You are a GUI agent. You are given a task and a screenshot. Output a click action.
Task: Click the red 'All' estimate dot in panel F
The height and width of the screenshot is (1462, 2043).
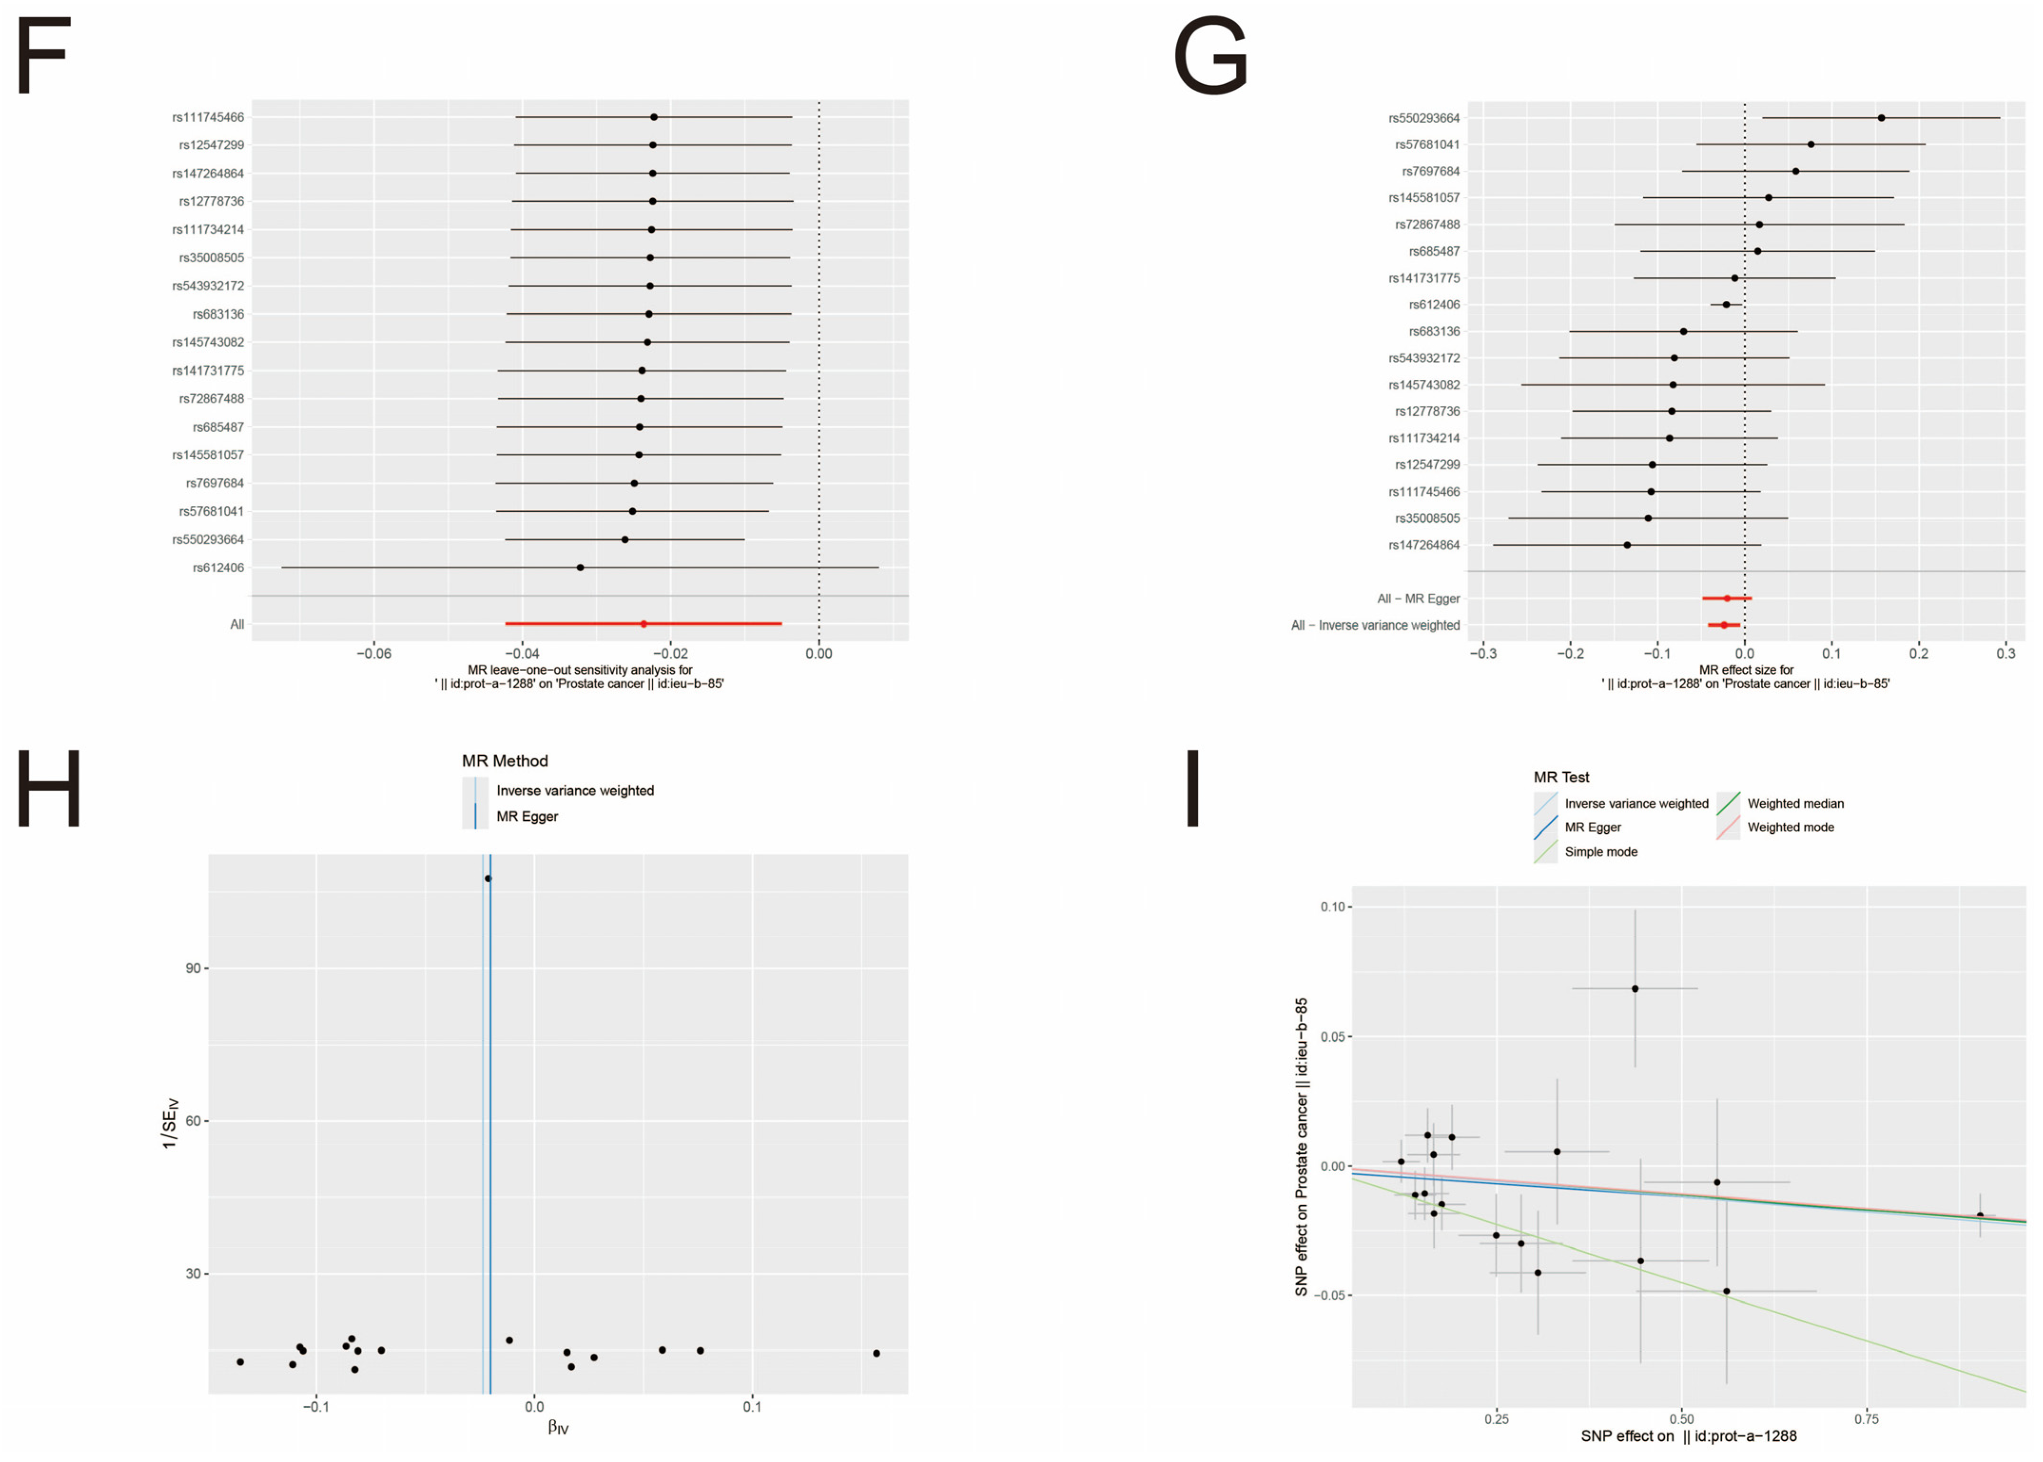[643, 624]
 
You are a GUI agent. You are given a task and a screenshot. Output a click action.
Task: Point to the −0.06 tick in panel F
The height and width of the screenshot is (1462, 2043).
[374, 654]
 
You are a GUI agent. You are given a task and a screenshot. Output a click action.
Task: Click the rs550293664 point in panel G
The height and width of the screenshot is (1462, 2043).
[1881, 118]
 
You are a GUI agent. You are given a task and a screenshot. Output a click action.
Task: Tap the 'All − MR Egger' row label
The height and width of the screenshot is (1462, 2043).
[1418, 599]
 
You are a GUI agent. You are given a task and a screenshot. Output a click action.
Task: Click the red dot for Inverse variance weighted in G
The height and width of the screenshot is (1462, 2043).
[1724, 625]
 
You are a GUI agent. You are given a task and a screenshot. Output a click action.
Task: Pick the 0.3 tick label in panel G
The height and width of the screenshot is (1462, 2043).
[2005, 654]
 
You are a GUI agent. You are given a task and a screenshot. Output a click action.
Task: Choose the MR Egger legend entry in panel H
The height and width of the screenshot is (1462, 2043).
[527, 817]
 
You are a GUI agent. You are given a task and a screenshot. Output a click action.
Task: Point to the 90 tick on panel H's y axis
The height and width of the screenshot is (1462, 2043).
[193, 969]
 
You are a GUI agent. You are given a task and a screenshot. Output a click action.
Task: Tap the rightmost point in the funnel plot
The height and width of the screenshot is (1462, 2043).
[876, 1353]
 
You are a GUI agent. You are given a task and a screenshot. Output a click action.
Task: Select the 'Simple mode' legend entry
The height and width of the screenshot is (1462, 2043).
[1600, 852]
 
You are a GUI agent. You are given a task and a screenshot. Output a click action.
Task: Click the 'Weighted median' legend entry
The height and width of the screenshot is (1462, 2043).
[1794, 804]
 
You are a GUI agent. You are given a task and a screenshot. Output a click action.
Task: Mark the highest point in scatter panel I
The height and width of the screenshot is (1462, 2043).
[1635, 989]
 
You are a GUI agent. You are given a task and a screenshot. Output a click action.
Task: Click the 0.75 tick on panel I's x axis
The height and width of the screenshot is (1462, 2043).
[1867, 1420]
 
